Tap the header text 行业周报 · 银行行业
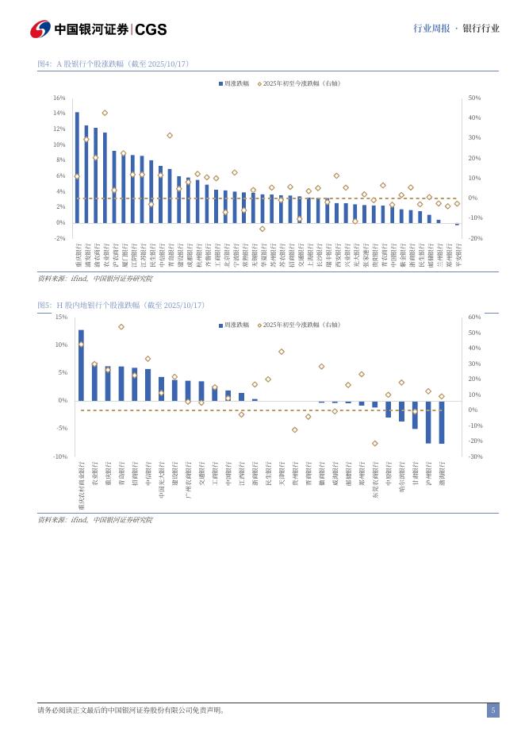456,29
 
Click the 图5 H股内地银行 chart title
121,305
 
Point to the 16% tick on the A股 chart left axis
59,98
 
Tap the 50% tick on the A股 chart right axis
474,98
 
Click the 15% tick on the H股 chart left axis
60,317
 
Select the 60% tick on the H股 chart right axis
474,317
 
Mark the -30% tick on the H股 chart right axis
474,456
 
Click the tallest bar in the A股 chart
77,167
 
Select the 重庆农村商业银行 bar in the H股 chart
81,365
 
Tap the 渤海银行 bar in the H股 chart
442,422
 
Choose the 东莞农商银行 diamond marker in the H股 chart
375,443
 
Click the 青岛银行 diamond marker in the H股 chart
121,326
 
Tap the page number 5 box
492,710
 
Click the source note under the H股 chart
95,520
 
